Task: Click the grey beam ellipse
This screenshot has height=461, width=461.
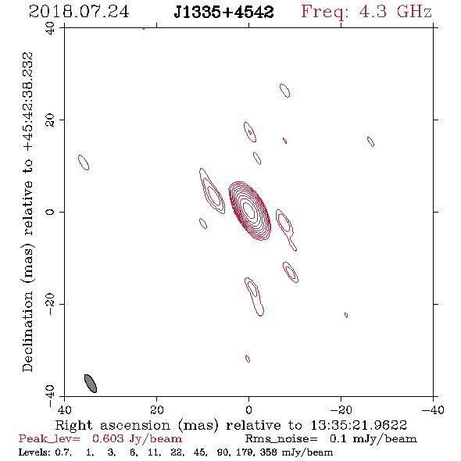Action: pos(91,384)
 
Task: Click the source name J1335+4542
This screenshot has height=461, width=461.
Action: pos(223,13)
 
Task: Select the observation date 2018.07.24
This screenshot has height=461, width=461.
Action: pos(79,12)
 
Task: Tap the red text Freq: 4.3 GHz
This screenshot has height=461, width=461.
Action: pos(366,12)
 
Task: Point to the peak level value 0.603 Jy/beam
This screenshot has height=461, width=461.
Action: pos(137,438)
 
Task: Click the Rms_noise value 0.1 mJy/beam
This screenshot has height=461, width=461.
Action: pos(373,438)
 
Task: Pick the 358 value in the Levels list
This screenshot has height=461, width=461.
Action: pos(268,452)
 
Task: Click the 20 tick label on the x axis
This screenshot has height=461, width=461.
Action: pos(157,409)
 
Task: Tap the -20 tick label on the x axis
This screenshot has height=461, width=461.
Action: pos(341,409)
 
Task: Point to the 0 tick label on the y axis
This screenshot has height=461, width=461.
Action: pos(50,212)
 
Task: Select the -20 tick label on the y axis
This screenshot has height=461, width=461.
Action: pos(50,304)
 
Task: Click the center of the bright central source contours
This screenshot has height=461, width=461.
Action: pos(249,211)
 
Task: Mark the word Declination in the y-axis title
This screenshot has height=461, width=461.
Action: pos(27,331)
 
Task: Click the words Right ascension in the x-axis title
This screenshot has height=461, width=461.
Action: pos(113,425)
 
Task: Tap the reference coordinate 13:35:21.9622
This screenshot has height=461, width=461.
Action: pos(359,425)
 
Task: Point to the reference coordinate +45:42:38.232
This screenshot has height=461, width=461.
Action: pos(27,102)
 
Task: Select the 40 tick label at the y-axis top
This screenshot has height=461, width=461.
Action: pos(50,28)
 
